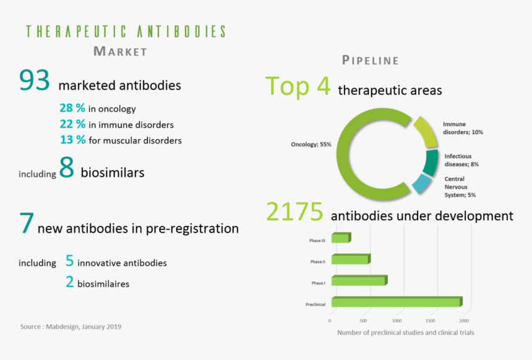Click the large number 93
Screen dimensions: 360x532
tap(34, 81)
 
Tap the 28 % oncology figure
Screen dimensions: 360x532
tap(72, 108)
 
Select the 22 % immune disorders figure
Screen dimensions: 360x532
tap(72, 124)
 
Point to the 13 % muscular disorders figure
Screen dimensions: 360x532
tap(72, 140)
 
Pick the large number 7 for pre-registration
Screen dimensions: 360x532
tap(27, 224)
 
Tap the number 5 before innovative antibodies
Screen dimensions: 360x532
tap(69, 261)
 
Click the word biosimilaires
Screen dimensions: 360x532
tap(103, 284)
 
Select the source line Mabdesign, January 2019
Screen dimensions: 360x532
tap(71, 326)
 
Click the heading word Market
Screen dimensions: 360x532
tap(120, 51)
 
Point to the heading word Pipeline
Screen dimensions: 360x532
tap(370, 61)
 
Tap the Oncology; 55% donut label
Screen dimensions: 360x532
tap(311, 144)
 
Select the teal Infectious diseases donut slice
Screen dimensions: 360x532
tap(430, 162)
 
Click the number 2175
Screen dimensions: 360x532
tap(294, 212)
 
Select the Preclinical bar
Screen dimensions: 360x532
tap(396, 302)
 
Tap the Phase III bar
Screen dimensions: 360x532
tap(341, 238)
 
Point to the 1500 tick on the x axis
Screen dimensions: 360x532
tap(431, 321)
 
